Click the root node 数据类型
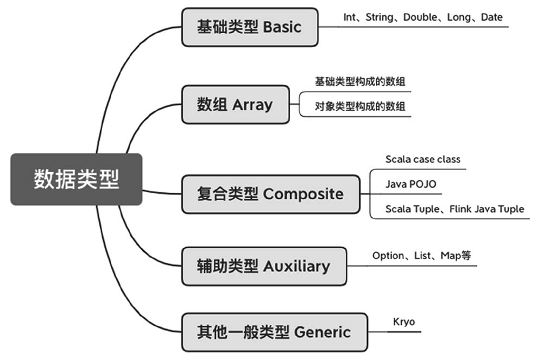(x=76, y=179)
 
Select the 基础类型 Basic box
(x=249, y=27)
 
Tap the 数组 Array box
(x=235, y=104)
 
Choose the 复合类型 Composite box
(x=270, y=194)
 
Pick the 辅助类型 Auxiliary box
(x=263, y=266)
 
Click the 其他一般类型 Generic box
(x=274, y=332)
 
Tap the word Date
(x=492, y=17)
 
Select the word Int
(x=349, y=17)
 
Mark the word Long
(x=459, y=17)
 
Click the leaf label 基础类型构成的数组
(x=360, y=82)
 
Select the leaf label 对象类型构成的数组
(x=360, y=106)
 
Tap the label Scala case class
(x=422, y=160)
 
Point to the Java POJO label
(x=411, y=185)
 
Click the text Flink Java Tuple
(x=487, y=209)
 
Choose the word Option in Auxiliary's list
(x=388, y=256)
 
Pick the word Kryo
(x=403, y=322)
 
